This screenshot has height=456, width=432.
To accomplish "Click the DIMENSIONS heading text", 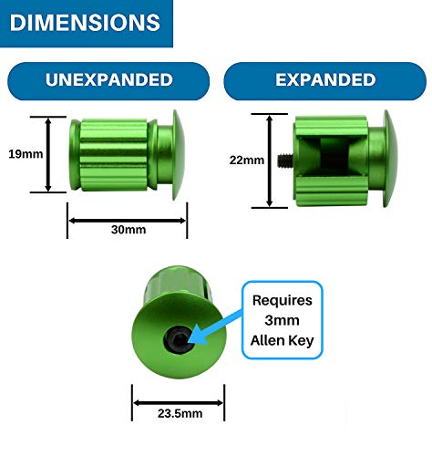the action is (x=85, y=22).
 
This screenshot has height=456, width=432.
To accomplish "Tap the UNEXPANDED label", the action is (x=109, y=80).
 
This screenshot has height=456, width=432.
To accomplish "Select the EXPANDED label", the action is (x=325, y=80).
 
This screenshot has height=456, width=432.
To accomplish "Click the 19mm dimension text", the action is (x=26, y=154).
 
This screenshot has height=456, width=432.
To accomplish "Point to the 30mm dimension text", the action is (x=129, y=230).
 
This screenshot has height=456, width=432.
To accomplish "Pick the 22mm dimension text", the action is (x=247, y=161).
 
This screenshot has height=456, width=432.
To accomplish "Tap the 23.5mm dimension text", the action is (x=180, y=413).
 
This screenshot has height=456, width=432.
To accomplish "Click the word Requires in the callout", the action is (x=283, y=301).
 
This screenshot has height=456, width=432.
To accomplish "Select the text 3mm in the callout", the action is (x=282, y=320).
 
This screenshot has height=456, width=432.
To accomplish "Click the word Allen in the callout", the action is (x=267, y=340).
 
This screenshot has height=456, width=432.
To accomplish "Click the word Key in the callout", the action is (x=301, y=341).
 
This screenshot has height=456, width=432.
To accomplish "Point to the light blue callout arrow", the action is (x=216, y=327).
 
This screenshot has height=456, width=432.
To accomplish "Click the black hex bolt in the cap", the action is (x=179, y=340).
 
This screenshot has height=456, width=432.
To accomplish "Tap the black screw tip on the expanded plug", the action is (x=285, y=161).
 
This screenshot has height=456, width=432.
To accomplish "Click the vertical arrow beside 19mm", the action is (x=48, y=154).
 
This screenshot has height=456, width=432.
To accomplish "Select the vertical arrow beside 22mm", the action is (x=270, y=161).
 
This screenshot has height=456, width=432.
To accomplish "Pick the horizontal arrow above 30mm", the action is (x=128, y=221).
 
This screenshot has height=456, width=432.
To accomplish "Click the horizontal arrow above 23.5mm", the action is (x=179, y=403).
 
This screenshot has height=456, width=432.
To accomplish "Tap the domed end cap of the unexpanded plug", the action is (x=179, y=155).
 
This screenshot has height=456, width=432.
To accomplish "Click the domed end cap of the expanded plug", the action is (x=390, y=159).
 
